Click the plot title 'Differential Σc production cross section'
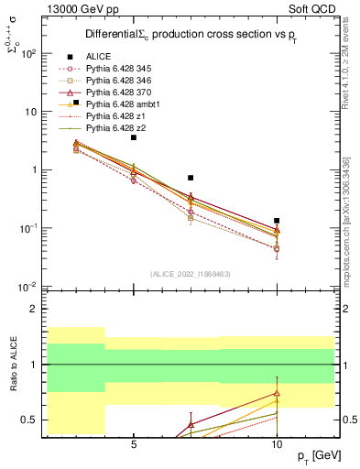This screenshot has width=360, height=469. pyautogui.click(x=182, y=34)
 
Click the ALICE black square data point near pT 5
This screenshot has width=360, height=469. pyautogui.click(x=134, y=137)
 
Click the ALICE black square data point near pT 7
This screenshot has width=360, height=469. pyautogui.click(x=191, y=178)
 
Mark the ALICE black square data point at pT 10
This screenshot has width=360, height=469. pyautogui.click(x=277, y=221)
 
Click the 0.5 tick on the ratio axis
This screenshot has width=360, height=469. pyautogui.click(x=28, y=420)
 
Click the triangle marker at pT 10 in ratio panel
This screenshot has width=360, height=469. pyautogui.click(x=277, y=394)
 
